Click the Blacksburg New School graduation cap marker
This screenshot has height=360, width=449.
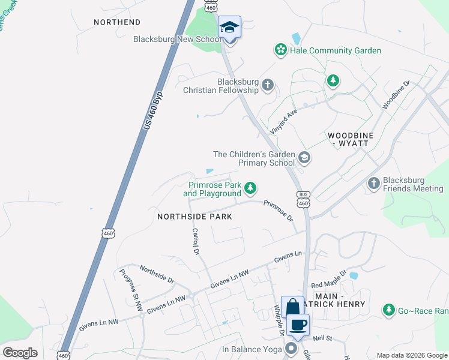[229, 28]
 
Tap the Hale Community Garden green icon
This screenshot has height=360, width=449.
[280, 50]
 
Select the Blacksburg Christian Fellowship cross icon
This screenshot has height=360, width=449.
[268, 85]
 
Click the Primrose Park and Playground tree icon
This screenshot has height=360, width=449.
[250, 190]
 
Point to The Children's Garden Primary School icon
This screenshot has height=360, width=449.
[304, 158]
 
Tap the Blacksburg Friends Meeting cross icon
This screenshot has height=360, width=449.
[374, 184]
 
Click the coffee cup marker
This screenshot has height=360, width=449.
[298, 325]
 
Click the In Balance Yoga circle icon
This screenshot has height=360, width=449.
[292, 349]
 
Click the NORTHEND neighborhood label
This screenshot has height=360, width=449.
[116, 22]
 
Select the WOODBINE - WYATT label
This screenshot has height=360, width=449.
[351, 140]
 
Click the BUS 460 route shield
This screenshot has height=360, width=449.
[303, 199]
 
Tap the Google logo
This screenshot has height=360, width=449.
[20, 353]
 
